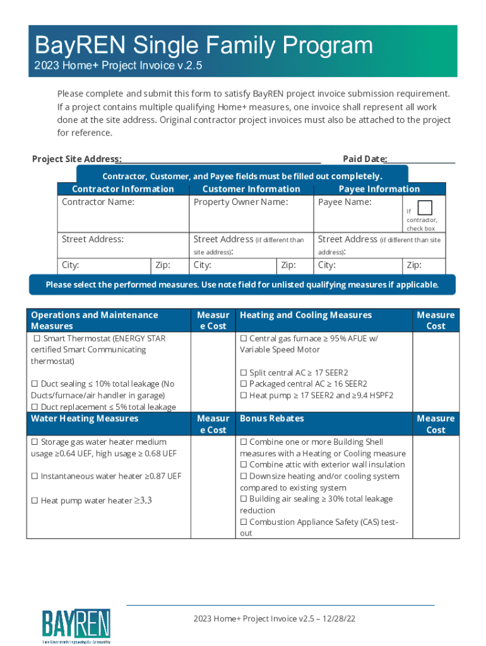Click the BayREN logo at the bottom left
tap(76, 628)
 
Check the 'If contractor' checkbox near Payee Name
tap(425, 208)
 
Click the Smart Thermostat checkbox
tap(37, 339)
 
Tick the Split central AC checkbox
tap(244, 373)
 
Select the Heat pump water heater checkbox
tap(35, 501)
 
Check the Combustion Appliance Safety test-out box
tap(244, 522)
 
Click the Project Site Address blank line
tap(221, 159)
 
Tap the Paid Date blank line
tap(421, 159)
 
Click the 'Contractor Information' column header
tap(123, 189)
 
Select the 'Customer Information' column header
tap(251, 189)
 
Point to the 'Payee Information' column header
tap(379, 189)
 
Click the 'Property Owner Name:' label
tap(240, 202)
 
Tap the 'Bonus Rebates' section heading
tap(271, 418)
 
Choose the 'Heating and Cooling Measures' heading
tap(305, 315)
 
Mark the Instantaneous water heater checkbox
tap(35, 476)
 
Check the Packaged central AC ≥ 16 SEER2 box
tap(244, 384)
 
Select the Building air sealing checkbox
tap(244, 499)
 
